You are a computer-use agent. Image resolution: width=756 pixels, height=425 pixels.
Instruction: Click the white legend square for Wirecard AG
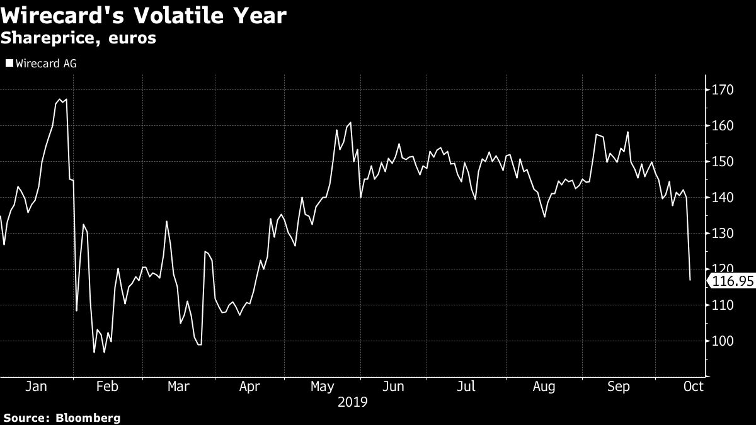(9, 63)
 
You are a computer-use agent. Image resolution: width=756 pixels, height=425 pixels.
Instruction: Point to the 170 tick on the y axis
(723, 90)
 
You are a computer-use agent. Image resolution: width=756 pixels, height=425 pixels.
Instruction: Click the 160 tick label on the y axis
(723, 126)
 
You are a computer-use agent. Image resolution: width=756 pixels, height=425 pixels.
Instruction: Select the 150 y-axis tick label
(723, 162)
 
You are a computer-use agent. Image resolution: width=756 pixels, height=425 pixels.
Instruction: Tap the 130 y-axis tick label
(723, 234)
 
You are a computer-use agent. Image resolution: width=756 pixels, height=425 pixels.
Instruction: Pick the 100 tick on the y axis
(723, 341)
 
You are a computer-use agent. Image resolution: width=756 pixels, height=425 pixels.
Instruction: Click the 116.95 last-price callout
(731, 281)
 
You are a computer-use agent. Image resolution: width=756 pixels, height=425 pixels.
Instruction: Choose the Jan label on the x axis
(36, 387)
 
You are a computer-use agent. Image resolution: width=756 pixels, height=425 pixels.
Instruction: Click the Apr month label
(250, 387)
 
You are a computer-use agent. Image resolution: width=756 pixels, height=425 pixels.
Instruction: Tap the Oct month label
(694, 387)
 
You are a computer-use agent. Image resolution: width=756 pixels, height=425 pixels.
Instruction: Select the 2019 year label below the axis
(353, 402)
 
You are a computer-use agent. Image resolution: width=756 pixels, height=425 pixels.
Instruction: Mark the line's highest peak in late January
(59, 99)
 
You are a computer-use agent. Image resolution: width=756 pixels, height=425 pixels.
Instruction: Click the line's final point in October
(690, 280)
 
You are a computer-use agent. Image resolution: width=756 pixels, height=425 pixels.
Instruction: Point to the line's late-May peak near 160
(350, 123)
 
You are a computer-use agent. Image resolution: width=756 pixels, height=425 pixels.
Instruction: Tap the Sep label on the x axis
(618, 387)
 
